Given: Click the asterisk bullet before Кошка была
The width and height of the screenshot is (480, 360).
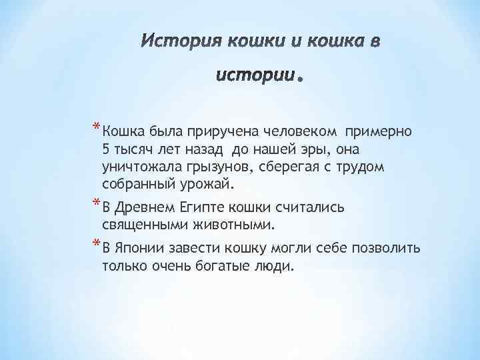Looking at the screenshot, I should pos(97,125).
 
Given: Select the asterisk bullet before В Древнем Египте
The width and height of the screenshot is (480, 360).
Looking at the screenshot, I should pos(97,203).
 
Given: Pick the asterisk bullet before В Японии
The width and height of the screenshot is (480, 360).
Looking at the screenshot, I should pos(97,245).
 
